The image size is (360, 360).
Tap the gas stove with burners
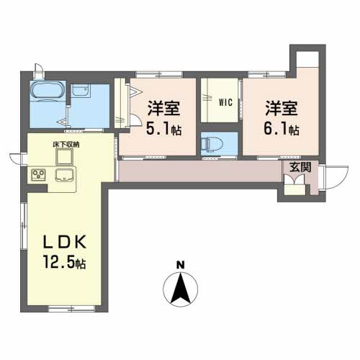tap(39, 174)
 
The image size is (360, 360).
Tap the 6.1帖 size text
tap(282, 131)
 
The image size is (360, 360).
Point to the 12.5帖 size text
tap(66, 264)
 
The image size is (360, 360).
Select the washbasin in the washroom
tap(80, 91)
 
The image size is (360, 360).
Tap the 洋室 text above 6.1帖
tap(282, 109)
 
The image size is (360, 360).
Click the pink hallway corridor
tap(194, 172)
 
